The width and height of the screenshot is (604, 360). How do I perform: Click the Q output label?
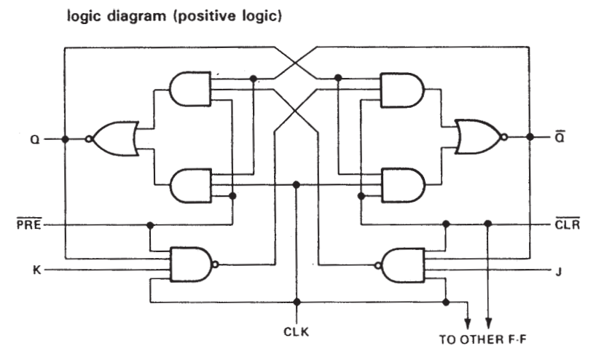tap(35, 139)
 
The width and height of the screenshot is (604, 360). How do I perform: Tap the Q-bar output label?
tap(560, 136)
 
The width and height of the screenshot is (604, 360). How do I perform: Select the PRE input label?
tap(29, 224)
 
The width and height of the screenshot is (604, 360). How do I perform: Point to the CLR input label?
tap(568, 224)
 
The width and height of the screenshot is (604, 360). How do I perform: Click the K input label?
tap(36, 270)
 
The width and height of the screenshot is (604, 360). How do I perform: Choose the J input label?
tap(559, 272)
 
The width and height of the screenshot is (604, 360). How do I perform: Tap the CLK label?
tap(297, 332)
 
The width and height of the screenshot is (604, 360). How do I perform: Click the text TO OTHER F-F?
tap(482, 340)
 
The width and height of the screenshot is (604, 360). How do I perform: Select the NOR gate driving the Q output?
tap(114, 138)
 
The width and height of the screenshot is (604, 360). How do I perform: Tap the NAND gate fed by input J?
tap(400, 265)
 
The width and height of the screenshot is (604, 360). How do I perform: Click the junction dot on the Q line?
tap(65, 138)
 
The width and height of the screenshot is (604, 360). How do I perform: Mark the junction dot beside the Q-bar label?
tap(530, 137)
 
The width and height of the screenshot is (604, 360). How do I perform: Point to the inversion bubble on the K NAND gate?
tap(216, 265)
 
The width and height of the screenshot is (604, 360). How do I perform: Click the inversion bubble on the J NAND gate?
tap(378, 265)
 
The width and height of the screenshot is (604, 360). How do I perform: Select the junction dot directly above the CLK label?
tap(297, 302)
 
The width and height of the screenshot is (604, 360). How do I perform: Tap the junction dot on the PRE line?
tap(150, 224)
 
